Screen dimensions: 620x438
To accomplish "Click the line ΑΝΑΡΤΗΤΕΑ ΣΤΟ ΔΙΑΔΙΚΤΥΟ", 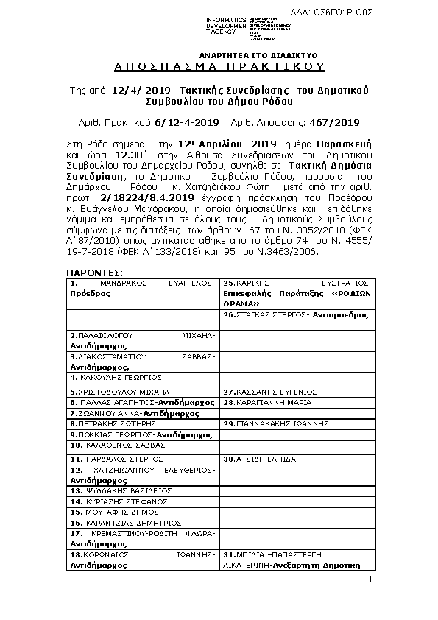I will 258,55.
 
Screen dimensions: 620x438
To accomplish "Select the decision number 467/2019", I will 335,122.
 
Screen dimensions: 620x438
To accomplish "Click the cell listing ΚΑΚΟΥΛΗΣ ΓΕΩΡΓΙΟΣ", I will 143,377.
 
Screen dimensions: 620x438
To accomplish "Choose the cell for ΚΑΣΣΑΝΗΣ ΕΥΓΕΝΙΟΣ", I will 297,392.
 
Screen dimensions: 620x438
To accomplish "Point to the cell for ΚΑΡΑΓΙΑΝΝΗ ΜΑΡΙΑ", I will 297,403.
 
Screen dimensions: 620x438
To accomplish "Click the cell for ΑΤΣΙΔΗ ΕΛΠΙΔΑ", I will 297,459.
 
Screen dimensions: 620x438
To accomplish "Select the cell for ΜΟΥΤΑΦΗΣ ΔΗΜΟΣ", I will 143,511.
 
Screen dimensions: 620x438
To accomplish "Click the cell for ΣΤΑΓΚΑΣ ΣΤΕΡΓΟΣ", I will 297,314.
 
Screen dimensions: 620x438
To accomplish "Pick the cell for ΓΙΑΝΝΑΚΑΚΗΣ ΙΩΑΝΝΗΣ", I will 297,424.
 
